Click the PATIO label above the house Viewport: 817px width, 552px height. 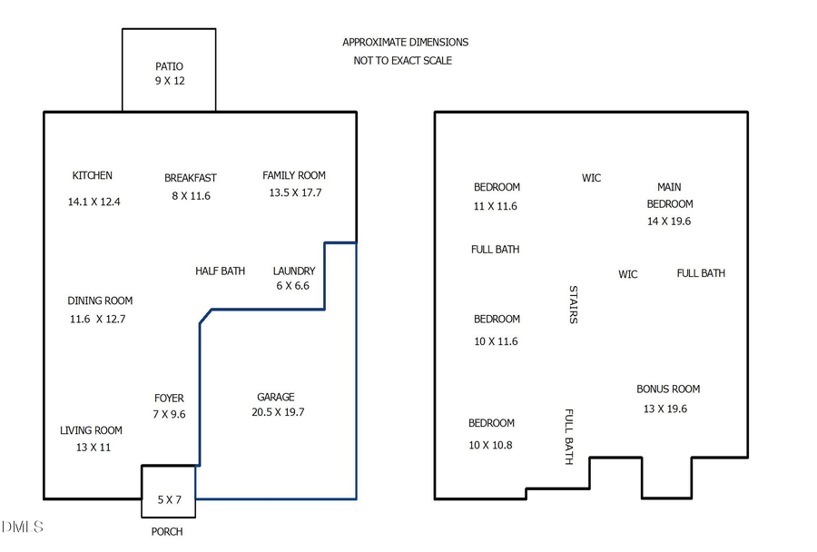tap(169, 66)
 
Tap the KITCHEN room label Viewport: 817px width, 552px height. tap(93, 175)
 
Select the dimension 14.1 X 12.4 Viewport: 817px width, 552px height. tap(94, 202)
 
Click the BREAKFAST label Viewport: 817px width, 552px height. tap(191, 178)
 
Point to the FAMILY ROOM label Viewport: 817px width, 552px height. tap(294, 175)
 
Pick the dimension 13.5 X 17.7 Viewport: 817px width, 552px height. tap(295, 192)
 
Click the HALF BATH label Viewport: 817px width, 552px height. tap(220, 271)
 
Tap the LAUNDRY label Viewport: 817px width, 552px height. tap(294, 271)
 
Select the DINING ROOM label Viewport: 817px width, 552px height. tap(100, 301)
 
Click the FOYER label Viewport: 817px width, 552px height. tap(169, 398)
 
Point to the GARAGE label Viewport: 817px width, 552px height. tap(276, 397)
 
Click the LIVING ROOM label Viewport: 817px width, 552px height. tap(91, 430)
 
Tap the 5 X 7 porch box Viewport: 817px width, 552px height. tap(169, 498)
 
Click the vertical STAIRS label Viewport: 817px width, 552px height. tap(573, 304)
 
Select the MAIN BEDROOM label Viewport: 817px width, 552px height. tap(670, 195)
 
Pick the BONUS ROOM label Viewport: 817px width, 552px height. tap(668, 389)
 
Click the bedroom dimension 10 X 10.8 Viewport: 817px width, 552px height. tap(491, 445)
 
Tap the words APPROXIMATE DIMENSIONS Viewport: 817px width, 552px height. tap(405, 42)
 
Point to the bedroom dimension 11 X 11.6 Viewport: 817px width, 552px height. tap(496, 206)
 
